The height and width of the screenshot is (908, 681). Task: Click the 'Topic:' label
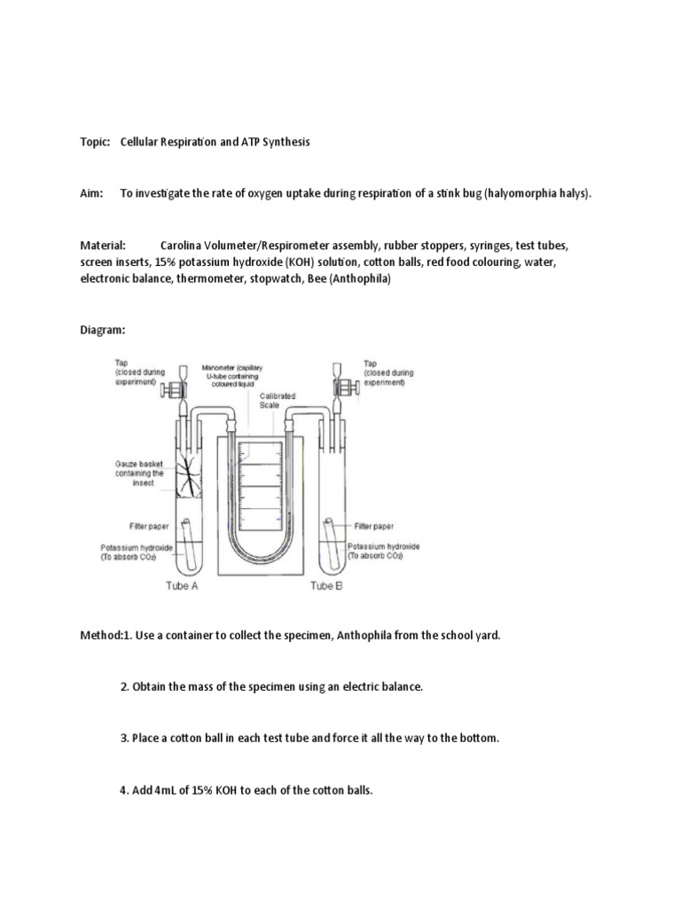click(95, 143)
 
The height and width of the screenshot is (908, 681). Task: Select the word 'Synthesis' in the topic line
click(283, 143)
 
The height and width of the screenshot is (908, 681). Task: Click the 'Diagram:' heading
click(103, 329)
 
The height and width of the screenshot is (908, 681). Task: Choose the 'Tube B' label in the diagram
click(326, 587)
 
